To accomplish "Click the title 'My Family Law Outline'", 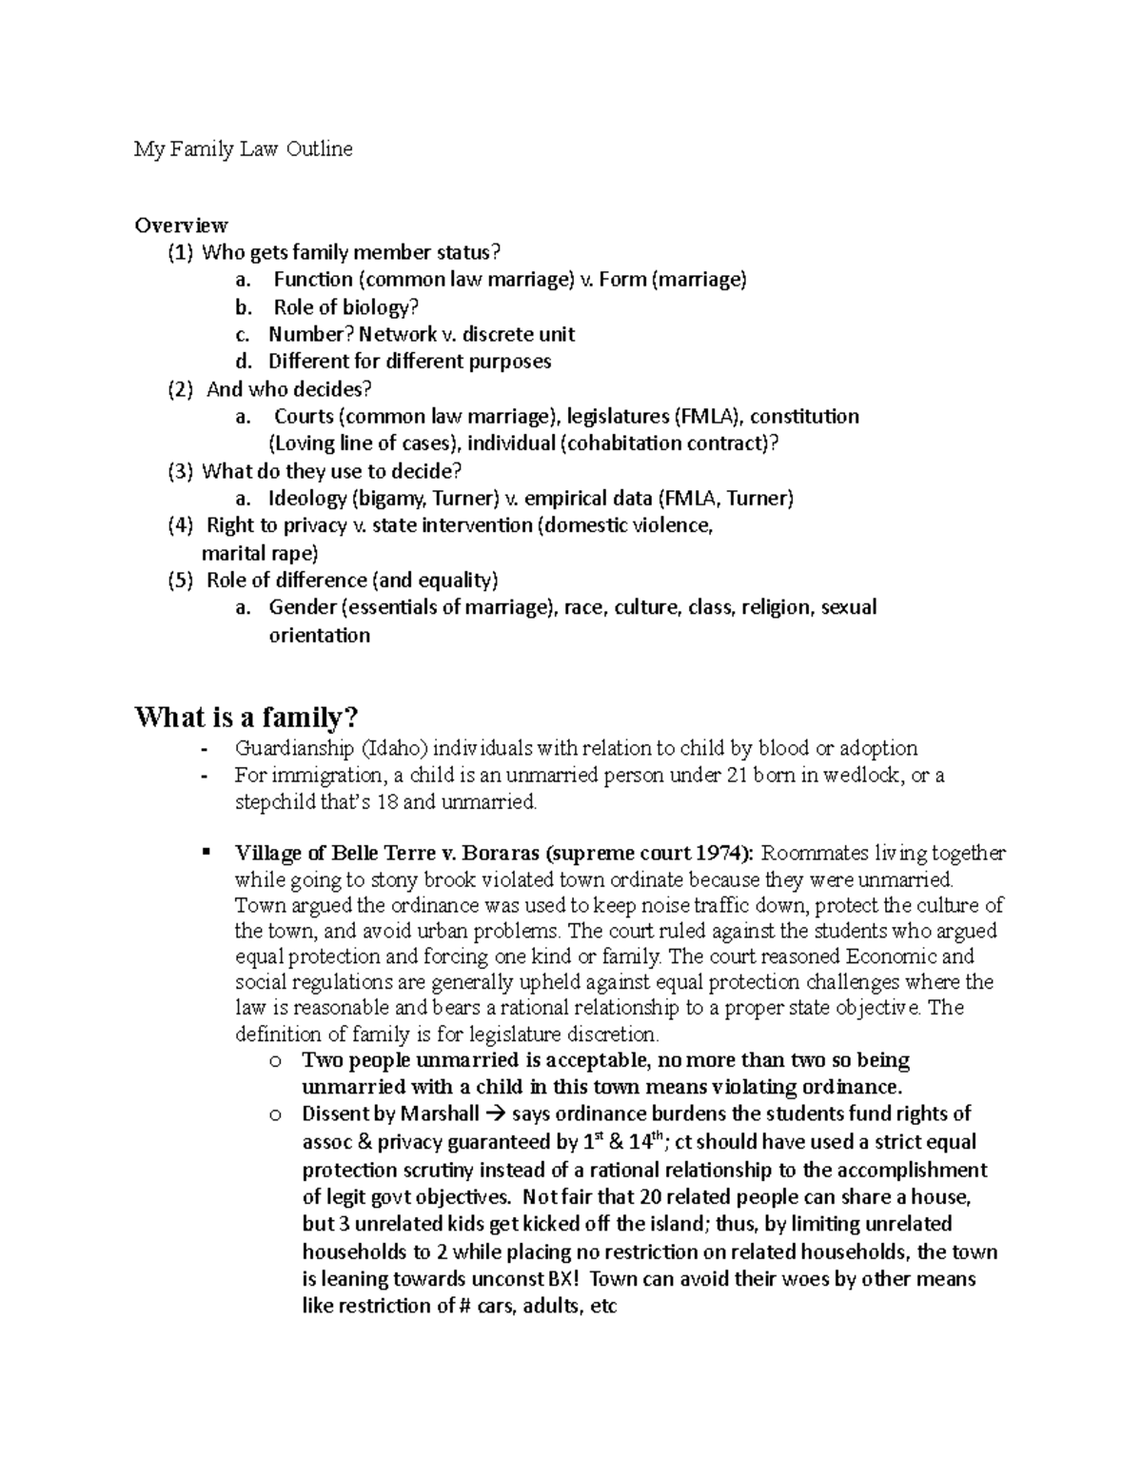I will click(243, 149).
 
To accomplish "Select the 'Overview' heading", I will click(181, 226).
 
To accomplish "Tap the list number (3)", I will click(180, 471).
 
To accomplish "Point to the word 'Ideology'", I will click(307, 499).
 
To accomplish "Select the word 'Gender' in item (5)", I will click(302, 607).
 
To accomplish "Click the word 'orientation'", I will click(319, 636).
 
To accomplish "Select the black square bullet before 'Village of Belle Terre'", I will click(206, 852).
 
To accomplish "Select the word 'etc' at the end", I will click(603, 1307).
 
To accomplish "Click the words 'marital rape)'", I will click(260, 553).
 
